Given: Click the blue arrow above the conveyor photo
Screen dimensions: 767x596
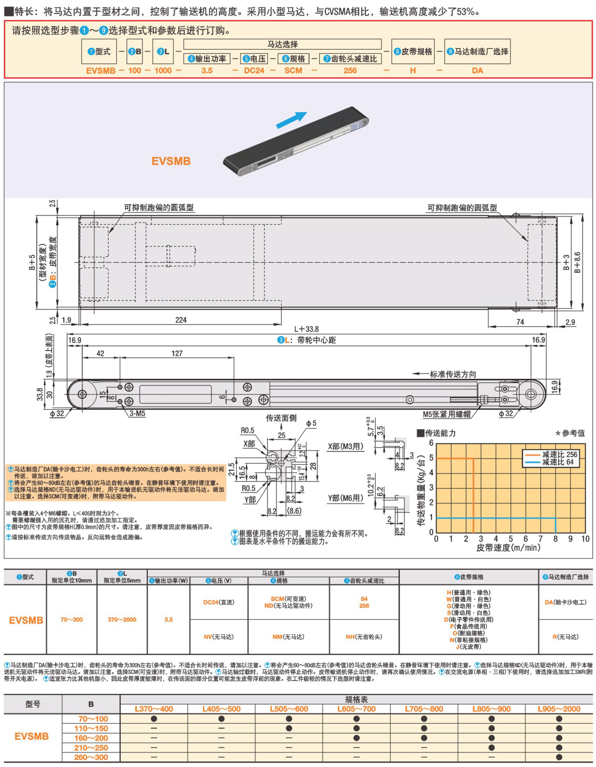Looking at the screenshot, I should pos(292,119).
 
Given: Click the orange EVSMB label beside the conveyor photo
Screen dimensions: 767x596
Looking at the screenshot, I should pos(171,161).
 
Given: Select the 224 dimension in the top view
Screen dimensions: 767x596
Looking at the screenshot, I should pos(181,320).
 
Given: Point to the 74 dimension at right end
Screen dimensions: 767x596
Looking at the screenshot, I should pos(520,322).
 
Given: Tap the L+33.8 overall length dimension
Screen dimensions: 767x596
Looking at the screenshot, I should pos(306,329).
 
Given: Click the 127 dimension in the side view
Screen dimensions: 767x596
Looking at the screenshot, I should pos(177,353).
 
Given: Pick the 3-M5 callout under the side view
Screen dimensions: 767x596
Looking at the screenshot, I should pos(137,413).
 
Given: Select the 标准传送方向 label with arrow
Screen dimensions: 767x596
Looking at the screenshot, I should pos(453,374).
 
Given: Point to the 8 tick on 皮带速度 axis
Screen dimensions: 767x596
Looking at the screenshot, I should pos(556,539).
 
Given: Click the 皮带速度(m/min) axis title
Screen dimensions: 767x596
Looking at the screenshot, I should pos(508,548).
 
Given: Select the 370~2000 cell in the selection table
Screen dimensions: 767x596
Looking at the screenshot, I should pos(122,619).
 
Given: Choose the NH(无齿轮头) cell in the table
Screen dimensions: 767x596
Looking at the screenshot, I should pos(364,636).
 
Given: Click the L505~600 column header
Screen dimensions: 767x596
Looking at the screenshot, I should pos(289,709).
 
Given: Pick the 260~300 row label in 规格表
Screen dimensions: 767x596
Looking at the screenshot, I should pos(91,757).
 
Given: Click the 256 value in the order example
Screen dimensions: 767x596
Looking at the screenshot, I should pos(350,71).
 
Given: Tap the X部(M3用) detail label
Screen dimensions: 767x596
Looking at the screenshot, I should pos(346,446).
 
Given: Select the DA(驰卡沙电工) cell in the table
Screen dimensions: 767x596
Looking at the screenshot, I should pos(565,602).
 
